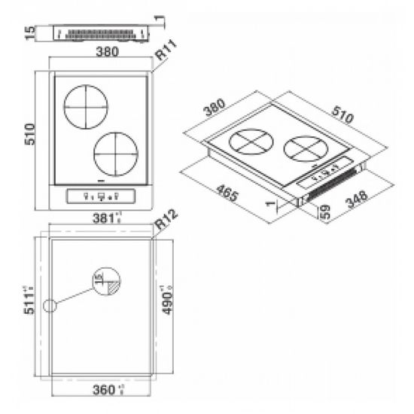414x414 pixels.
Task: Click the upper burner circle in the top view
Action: coord(86,107)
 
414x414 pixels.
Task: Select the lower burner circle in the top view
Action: coord(115,154)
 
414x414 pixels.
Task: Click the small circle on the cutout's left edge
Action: coord(50,306)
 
